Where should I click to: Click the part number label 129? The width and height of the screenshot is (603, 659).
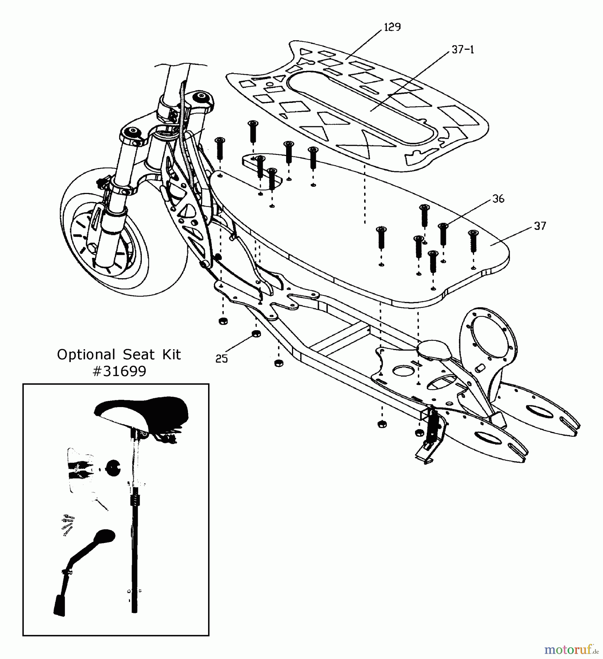tap(392, 27)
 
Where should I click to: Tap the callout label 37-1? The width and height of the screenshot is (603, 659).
tap(463, 50)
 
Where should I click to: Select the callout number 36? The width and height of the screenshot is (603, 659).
tap(498, 199)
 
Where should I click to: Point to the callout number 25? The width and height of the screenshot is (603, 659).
tap(221, 358)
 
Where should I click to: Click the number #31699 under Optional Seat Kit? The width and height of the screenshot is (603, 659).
tap(119, 371)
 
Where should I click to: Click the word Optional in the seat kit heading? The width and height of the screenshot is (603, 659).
tap(86, 354)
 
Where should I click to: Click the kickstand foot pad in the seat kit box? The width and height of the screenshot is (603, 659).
tap(60, 605)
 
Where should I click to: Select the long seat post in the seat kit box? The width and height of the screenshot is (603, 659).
tap(135, 549)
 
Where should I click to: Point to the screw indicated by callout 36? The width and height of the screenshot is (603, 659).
tap(443, 234)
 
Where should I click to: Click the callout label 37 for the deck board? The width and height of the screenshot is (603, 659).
tap(540, 226)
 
